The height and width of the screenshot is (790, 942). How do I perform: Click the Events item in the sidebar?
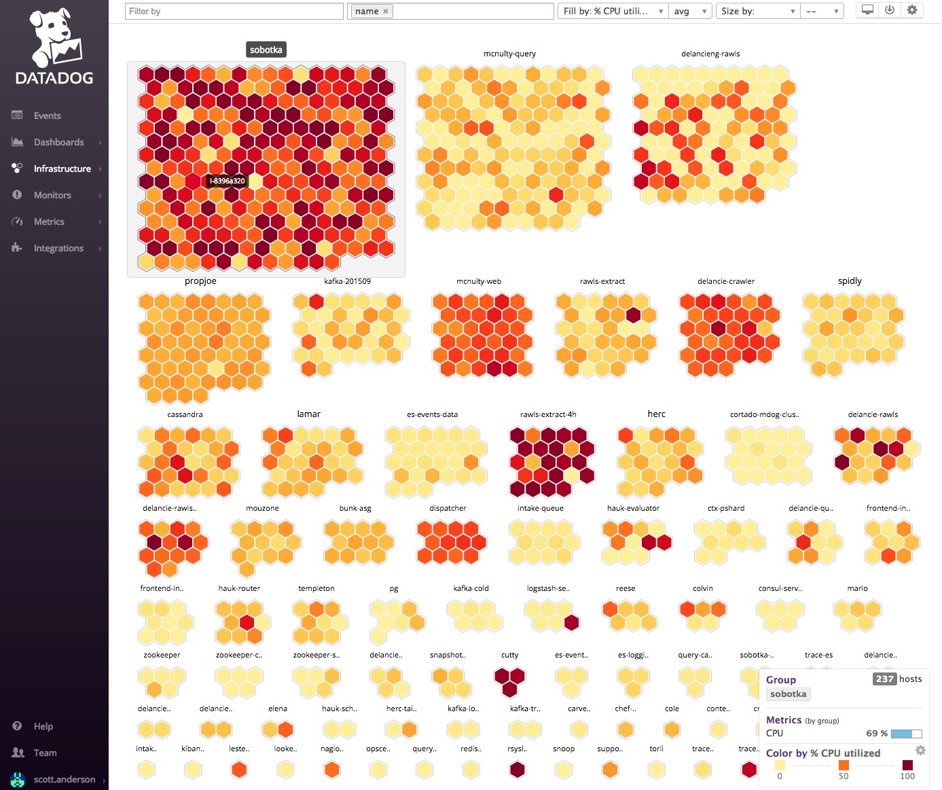[x=47, y=115]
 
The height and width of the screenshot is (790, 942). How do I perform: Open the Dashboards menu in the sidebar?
[x=58, y=142]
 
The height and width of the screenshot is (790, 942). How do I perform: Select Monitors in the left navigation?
[x=52, y=195]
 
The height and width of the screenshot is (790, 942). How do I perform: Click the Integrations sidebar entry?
[x=58, y=248]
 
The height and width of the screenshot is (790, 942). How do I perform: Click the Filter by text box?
[x=234, y=11]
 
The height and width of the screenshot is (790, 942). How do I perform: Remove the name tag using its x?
[x=386, y=11]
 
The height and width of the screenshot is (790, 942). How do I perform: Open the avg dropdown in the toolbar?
[x=690, y=11]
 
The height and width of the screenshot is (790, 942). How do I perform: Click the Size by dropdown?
[x=757, y=11]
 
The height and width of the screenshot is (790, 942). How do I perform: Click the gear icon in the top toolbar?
[x=912, y=10]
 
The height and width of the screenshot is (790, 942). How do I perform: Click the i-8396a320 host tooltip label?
[x=227, y=181]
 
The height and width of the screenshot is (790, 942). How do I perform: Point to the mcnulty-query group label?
[x=509, y=54]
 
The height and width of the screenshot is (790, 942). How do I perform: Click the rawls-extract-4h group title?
[x=548, y=414]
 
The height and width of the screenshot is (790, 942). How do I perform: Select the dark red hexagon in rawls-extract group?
[x=633, y=315]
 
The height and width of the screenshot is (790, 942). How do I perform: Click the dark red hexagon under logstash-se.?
[x=572, y=622]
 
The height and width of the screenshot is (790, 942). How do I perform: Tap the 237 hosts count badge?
[x=884, y=679]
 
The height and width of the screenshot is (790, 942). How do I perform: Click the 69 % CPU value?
[x=877, y=733]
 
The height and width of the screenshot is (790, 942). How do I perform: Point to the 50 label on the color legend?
[x=844, y=776]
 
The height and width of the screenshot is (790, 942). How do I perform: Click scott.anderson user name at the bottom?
[x=65, y=779]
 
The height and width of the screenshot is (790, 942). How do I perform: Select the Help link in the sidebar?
[x=43, y=726]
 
